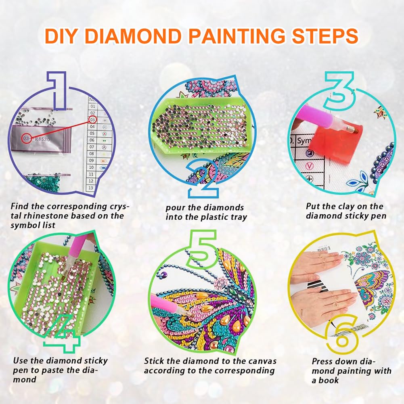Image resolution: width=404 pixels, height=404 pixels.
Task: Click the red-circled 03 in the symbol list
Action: (x=92, y=120)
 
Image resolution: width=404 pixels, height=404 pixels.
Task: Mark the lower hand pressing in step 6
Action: (x=321, y=301)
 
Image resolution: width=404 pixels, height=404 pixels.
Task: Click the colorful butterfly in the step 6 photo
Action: (x=372, y=285)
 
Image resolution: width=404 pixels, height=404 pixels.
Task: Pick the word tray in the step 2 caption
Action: (x=238, y=217)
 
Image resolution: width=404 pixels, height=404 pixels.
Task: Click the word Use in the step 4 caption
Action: (x=20, y=360)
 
